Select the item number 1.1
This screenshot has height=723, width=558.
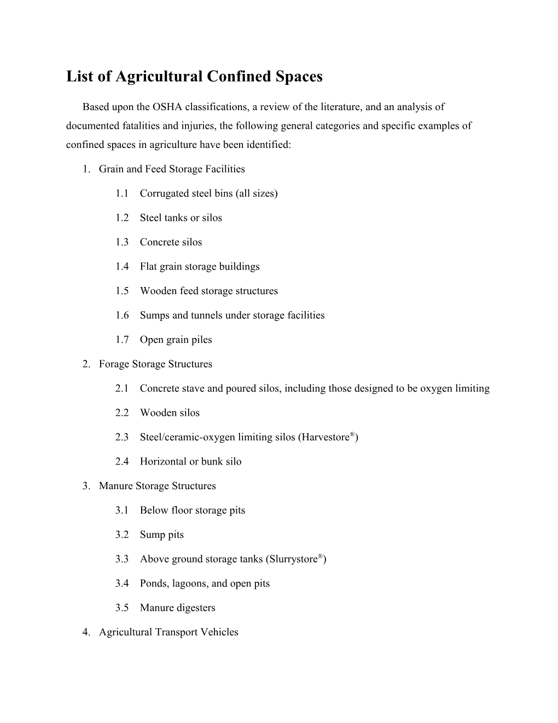tap(122, 193)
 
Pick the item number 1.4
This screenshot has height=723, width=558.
tap(122, 267)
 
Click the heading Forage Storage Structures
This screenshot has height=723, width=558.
tap(155, 364)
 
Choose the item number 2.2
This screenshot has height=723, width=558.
tap(122, 413)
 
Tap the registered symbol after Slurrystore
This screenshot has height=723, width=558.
tap(321, 556)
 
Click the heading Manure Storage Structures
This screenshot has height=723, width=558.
tap(157, 486)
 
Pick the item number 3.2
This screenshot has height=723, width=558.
tap(122, 535)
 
